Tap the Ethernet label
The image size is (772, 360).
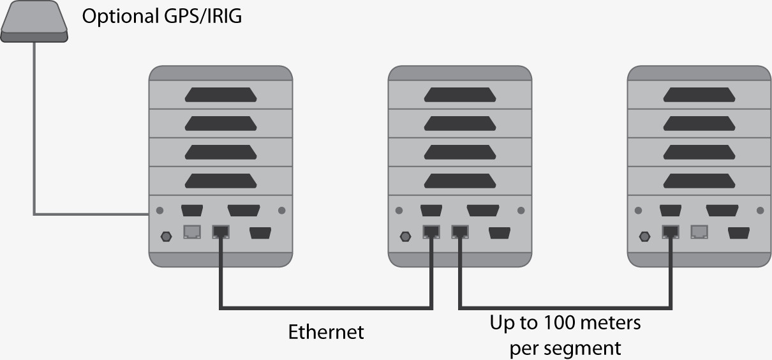tap(326, 333)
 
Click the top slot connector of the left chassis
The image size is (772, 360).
tap(221, 95)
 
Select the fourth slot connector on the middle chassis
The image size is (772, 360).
tap(460, 181)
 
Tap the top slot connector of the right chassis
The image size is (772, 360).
tap(699, 95)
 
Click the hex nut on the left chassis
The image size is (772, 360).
tap(167, 236)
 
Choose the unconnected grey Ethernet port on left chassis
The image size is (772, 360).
tap(192, 232)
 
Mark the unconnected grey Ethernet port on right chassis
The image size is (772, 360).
tap(700, 232)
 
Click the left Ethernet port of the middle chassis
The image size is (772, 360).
tap(431, 232)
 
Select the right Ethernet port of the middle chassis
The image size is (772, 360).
tap(460, 232)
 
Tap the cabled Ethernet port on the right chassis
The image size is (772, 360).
tap(671, 232)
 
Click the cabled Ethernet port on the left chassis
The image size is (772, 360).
tap(220, 232)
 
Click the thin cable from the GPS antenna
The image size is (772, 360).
tap(34, 128)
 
